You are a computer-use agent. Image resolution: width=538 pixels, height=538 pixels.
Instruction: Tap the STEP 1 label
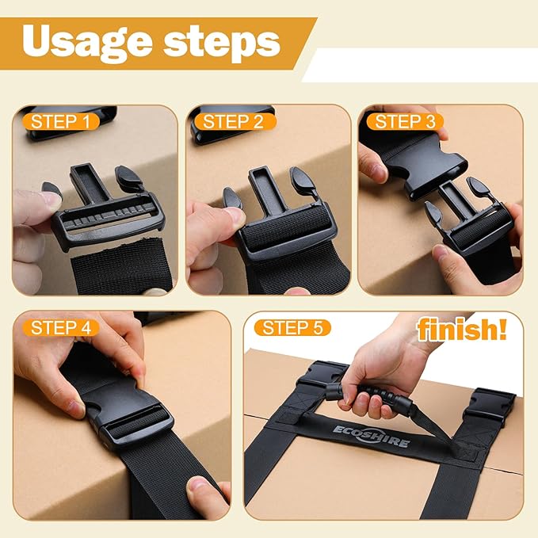click(59, 122)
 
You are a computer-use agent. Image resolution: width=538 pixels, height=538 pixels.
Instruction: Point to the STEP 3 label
click(404, 122)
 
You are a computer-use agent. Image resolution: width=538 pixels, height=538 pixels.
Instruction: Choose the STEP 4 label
click(59, 327)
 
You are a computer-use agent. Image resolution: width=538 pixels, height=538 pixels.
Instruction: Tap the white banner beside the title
click(420, 65)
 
